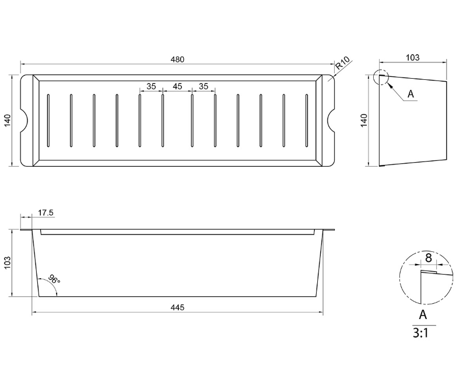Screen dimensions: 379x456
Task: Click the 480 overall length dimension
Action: [x=178, y=59]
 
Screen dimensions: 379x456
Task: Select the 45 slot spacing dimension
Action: [x=177, y=86]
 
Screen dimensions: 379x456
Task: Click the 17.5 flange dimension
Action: [x=46, y=213]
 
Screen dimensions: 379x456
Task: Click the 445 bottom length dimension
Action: [x=178, y=308]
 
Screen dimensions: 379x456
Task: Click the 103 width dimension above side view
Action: [x=412, y=58]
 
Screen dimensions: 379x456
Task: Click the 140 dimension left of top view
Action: [x=8, y=120]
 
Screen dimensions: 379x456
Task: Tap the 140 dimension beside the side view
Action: [x=364, y=120]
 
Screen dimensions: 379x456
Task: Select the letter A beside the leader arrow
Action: [x=411, y=93]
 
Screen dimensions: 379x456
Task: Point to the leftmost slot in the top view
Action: [x=48, y=121]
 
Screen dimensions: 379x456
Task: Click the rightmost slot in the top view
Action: [x=307, y=121]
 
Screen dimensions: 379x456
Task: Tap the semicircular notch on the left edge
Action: [x=25, y=120]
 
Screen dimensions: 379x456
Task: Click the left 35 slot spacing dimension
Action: [x=151, y=86]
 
